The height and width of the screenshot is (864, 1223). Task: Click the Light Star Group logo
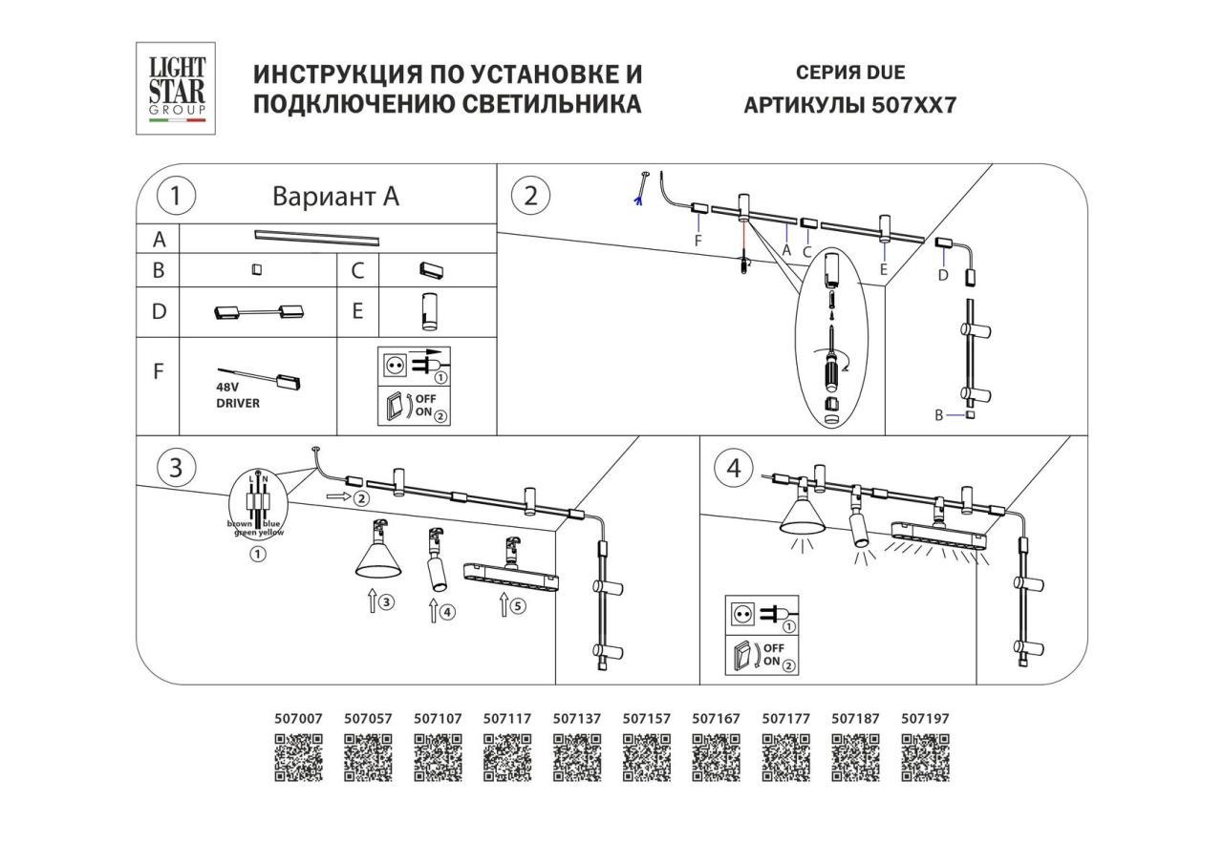click(x=176, y=88)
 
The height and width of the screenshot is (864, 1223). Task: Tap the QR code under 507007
click(x=298, y=758)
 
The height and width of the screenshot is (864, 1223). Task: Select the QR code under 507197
click(x=925, y=758)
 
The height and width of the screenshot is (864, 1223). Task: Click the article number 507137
click(x=577, y=719)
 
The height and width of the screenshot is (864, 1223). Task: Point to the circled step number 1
click(x=176, y=197)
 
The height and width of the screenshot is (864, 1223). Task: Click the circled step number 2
click(x=531, y=196)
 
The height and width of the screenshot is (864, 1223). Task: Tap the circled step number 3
click(x=176, y=468)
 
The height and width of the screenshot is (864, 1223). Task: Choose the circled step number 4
click(x=734, y=468)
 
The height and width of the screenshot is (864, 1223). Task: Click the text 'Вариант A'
click(x=335, y=197)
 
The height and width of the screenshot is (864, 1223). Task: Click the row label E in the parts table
click(x=357, y=311)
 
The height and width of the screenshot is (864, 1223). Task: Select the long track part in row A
click(x=316, y=236)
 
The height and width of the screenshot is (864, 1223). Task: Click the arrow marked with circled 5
click(x=504, y=604)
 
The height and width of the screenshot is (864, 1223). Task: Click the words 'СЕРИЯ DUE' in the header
click(x=849, y=73)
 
